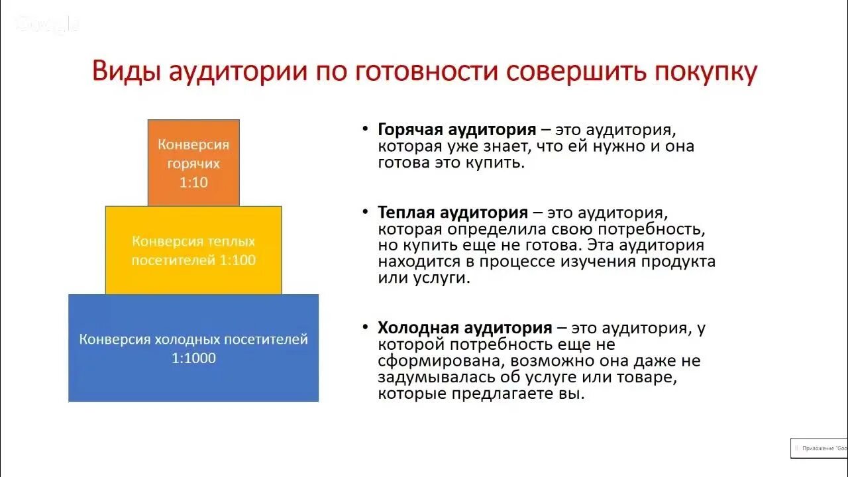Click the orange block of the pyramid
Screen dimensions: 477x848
point(193,162)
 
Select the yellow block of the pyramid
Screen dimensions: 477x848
point(193,250)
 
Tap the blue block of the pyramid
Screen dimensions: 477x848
point(193,348)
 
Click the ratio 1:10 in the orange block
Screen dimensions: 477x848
point(193,182)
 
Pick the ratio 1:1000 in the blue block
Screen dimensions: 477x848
point(193,358)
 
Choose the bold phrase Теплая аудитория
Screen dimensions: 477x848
point(452,213)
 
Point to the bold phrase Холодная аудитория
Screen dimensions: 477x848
point(464,328)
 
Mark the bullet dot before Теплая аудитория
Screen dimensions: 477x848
point(366,213)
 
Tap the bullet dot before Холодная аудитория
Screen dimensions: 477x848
point(366,328)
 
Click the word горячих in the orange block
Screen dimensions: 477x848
point(193,164)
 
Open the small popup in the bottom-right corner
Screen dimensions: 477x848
point(819,449)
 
